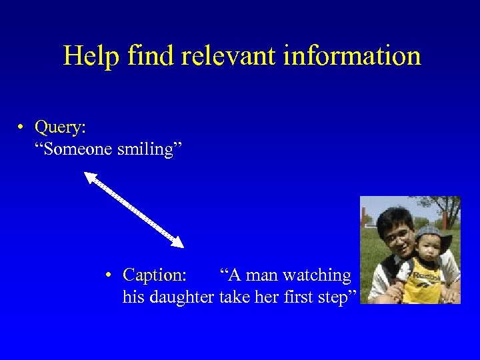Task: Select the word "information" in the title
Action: [x=352, y=55]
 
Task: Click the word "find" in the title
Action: [x=143, y=55]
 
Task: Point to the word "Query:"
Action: [x=60, y=127]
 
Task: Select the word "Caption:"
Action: [x=155, y=275]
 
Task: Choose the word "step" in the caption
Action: [x=337, y=297]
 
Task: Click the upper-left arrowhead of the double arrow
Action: [x=90, y=177]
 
